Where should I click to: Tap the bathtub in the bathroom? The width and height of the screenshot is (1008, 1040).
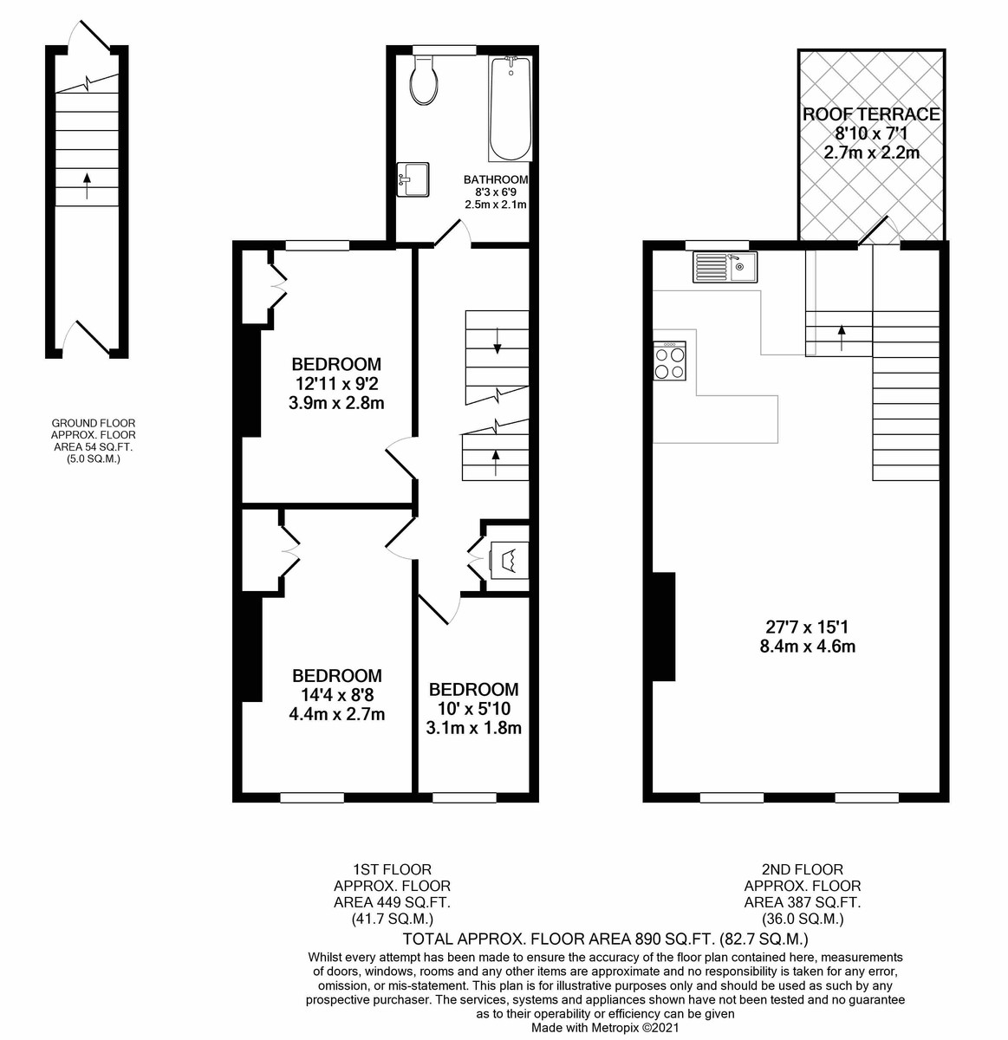(x=511, y=109)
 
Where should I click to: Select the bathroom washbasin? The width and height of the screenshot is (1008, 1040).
(x=413, y=179)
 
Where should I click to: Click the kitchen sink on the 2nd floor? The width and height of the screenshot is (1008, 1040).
(x=725, y=267)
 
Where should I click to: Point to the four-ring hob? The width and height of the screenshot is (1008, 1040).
(x=670, y=361)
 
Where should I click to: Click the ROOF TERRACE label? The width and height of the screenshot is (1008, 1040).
(x=871, y=114)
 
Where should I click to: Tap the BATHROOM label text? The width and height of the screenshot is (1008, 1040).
(x=496, y=179)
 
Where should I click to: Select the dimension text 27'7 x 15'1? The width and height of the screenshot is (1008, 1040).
(x=807, y=626)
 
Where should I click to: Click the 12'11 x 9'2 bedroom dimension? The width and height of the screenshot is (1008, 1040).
(x=336, y=383)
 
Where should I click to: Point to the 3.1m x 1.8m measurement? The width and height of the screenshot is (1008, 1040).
(x=473, y=727)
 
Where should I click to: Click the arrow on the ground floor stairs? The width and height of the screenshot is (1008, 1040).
(x=87, y=185)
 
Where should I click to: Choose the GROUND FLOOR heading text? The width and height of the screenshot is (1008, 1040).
(x=94, y=423)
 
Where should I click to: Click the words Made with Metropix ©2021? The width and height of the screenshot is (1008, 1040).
(x=604, y=1027)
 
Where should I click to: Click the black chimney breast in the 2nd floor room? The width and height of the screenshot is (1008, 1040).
(x=664, y=627)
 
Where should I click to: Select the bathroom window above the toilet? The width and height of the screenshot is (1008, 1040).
(x=444, y=49)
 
